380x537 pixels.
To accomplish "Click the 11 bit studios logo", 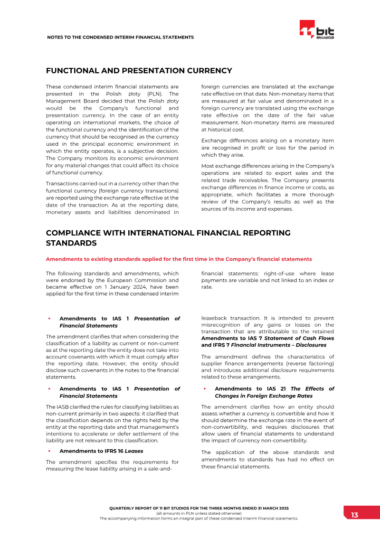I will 317,30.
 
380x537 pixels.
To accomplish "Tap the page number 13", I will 354,515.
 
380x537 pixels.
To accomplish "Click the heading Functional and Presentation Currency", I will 139,71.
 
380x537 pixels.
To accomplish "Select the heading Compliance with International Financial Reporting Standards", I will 168,238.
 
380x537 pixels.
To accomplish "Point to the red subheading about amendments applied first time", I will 179,259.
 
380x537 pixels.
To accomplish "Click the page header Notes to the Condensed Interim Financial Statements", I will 120,37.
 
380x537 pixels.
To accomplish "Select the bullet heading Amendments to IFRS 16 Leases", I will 101,451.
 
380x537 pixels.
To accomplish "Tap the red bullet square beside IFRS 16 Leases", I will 49,451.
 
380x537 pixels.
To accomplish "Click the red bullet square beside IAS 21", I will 204,388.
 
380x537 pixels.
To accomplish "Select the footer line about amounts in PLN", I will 199,513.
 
